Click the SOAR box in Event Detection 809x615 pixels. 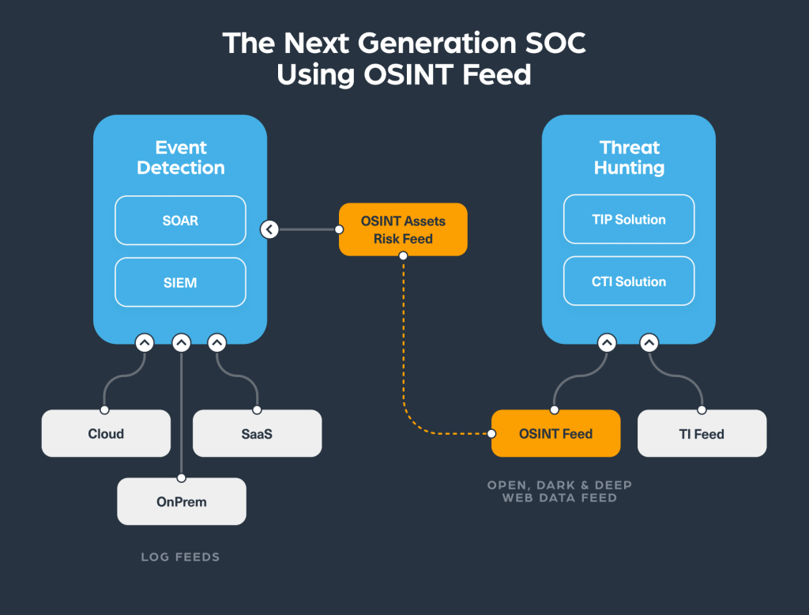coord(180,221)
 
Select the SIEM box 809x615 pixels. coord(180,282)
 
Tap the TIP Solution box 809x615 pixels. coord(629,220)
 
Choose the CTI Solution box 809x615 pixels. coord(629,281)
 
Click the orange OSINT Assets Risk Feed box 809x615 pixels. coord(403,229)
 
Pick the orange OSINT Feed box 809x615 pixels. coord(555,433)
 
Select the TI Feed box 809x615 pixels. coord(702,433)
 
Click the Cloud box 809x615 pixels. coord(106,433)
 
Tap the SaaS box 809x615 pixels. coord(257,433)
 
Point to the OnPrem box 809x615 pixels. coord(182,501)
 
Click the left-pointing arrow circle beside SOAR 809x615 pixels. coord(269,229)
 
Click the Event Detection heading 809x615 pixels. coord(180,157)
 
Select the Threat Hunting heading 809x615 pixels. coord(629,157)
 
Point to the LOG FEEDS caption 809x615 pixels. coord(180,557)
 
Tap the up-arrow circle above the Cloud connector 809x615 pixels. coord(144,343)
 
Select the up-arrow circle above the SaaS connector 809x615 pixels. coord(217,343)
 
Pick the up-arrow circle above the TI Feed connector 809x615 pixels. coord(649,343)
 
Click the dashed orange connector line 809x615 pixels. coord(404,348)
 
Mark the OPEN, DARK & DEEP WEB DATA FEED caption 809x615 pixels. coord(559,491)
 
